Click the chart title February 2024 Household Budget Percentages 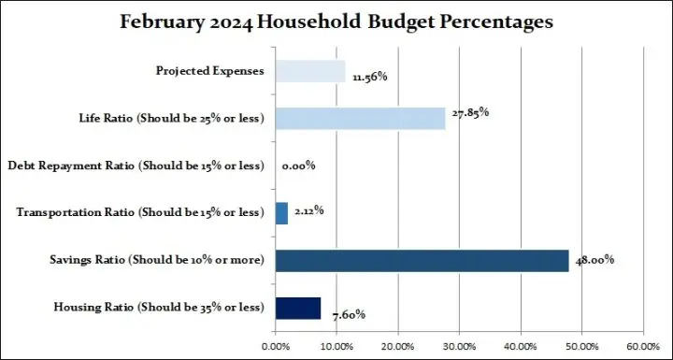[x=336, y=22]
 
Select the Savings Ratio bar [x=422, y=261]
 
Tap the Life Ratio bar [x=360, y=118]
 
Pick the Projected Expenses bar [x=310, y=71]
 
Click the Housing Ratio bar [x=298, y=308]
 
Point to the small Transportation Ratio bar [x=281, y=213]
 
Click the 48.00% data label [x=594, y=260]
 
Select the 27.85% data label [x=469, y=112]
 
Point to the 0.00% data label [x=298, y=166]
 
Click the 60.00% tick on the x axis [x=641, y=346]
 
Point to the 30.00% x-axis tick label [x=458, y=346]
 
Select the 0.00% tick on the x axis [x=275, y=346]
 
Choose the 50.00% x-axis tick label [x=580, y=346]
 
